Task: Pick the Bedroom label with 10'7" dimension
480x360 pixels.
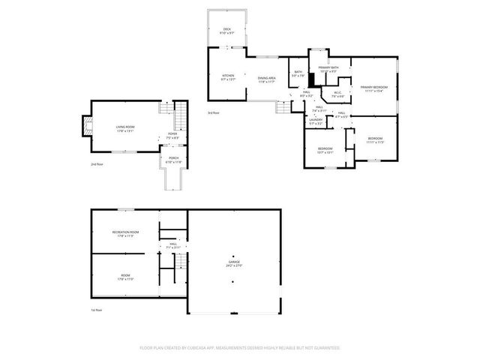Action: pyautogui.click(x=325, y=149)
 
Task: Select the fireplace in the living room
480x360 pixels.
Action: pyautogui.click(x=87, y=127)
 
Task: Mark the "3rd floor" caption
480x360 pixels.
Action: pyautogui.click(x=214, y=112)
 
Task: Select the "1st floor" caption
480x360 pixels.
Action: pyautogui.click(x=97, y=309)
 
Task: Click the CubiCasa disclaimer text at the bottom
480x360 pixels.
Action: pyautogui.click(x=240, y=348)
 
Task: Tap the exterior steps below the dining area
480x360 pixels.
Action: pyautogui.click(x=283, y=107)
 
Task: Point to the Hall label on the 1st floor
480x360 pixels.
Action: pyautogui.click(x=172, y=245)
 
